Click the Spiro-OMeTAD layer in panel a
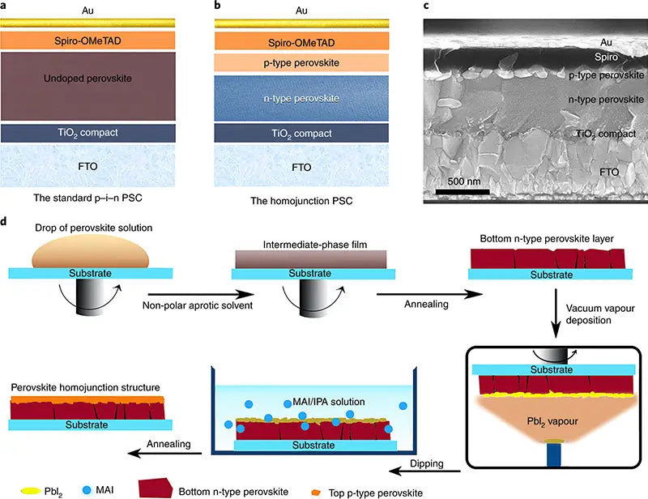point(100,40)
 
